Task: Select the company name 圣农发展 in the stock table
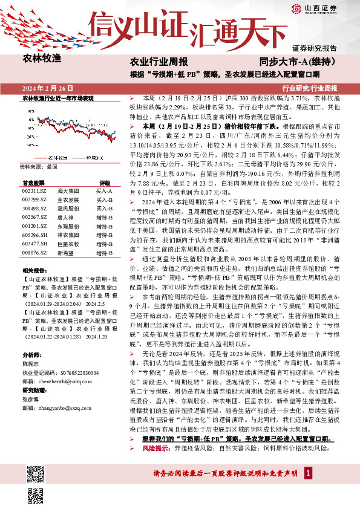pyautogui.click(x=67, y=198)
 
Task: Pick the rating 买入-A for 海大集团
pyautogui.click(x=103, y=190)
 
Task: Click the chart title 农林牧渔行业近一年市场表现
pyautogui.click(x=58, y=98)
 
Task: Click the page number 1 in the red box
pyautogui.click(x=308, y=489)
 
